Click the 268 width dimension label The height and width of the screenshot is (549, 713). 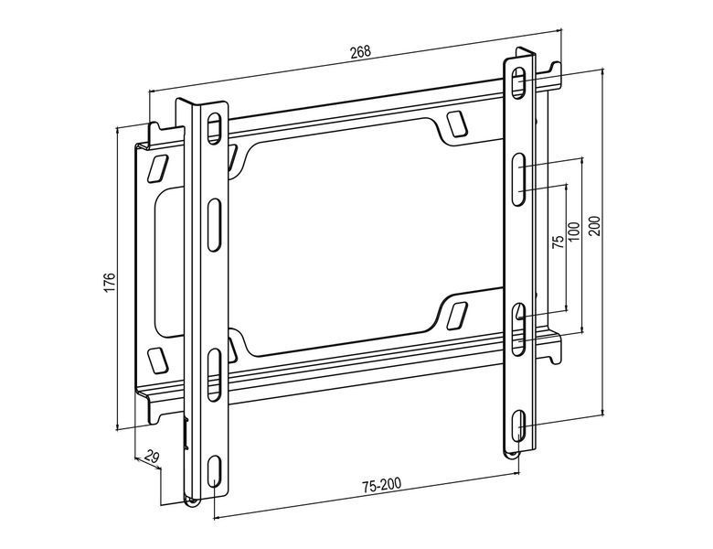[360, 51]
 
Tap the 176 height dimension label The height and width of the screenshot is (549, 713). [110, 283]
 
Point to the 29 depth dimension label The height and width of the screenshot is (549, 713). [152, 456]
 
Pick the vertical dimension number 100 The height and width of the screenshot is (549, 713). [574, 231]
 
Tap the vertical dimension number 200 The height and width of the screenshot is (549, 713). [595, 226]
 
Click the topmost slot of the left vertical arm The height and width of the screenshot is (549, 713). [214, 129]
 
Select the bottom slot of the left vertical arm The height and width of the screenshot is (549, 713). [213, 471]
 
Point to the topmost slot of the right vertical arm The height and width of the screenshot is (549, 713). [518, 83]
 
